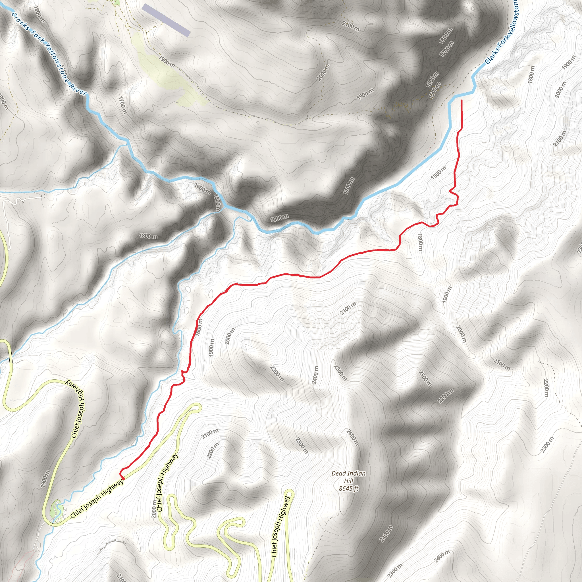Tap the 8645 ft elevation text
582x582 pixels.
tap(348, 489)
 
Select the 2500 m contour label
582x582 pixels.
tap(340, 373)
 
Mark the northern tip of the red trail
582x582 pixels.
tap(462, 101)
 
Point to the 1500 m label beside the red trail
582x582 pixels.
tap(438, 173)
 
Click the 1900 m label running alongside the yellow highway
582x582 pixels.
tap(45, 479)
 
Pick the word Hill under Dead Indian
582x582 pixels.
tap(348, 481)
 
